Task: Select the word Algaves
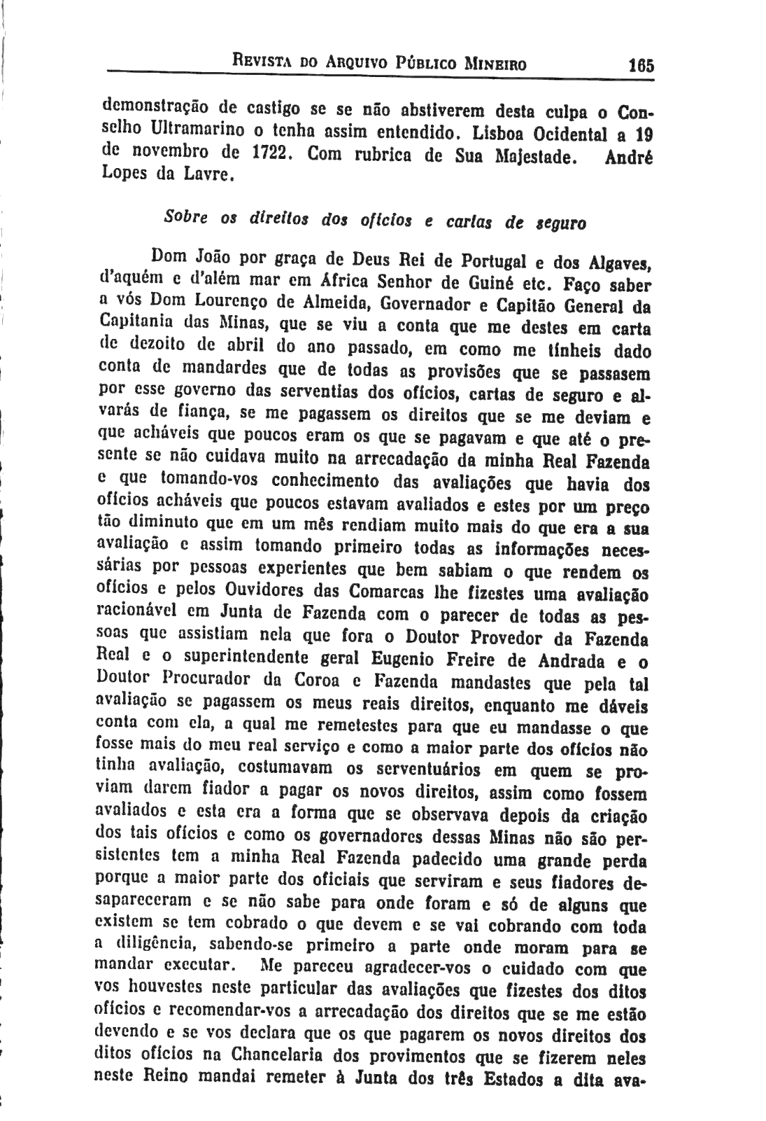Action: point(620,264)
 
